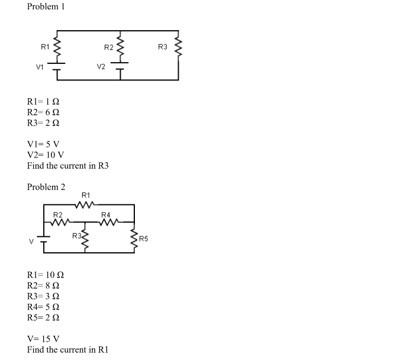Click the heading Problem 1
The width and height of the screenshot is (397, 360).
tap(46, 7)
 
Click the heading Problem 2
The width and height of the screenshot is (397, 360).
tap(46, 187)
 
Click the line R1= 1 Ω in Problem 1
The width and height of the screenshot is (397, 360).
tap(43, 101)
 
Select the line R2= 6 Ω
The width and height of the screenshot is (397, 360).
tap(43, 112)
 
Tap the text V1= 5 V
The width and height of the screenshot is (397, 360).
tap(43, 144)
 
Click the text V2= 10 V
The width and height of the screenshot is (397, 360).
tap(46, 155)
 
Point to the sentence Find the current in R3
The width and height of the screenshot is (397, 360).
tap(68, 166)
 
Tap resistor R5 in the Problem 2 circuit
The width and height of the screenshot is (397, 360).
tap(135, 239)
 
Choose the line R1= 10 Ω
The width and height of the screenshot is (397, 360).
tap(46, 275)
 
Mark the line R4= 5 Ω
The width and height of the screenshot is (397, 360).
tap(43, 307)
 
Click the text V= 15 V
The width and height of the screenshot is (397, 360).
tap(43, 339)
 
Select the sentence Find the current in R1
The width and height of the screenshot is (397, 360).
tap(68, 349)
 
